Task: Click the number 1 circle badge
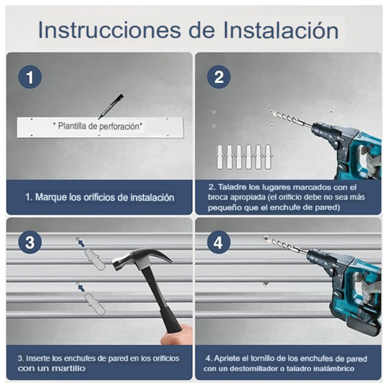(x=29, y=77)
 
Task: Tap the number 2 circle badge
(x=218, y=77)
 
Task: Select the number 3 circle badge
(x=29, y=242)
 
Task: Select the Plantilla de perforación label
(x=98, y=126)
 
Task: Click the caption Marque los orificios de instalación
(x=100, y=197)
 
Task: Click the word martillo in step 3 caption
(x=68, y=368)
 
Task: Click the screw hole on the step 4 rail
(x=266, y=282)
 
